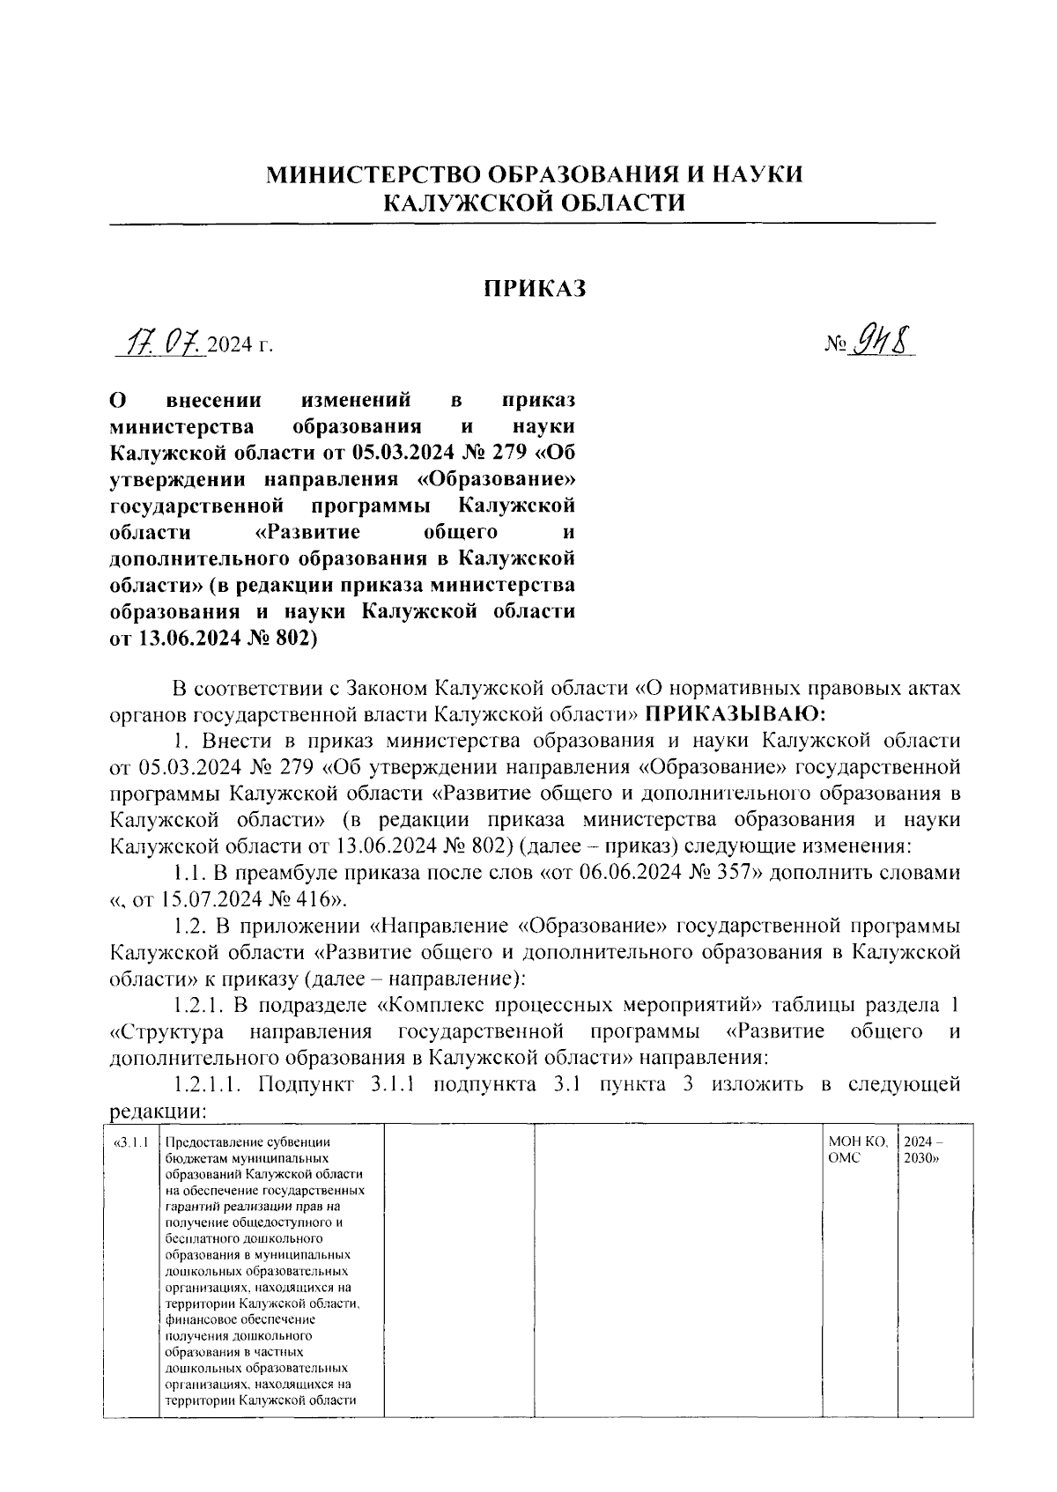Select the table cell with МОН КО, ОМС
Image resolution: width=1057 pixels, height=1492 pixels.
858,1150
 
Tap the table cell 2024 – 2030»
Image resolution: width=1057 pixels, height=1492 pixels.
923,1150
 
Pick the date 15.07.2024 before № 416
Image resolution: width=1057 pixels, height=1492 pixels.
202,899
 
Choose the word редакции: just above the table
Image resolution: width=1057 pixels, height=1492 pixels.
157,1111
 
